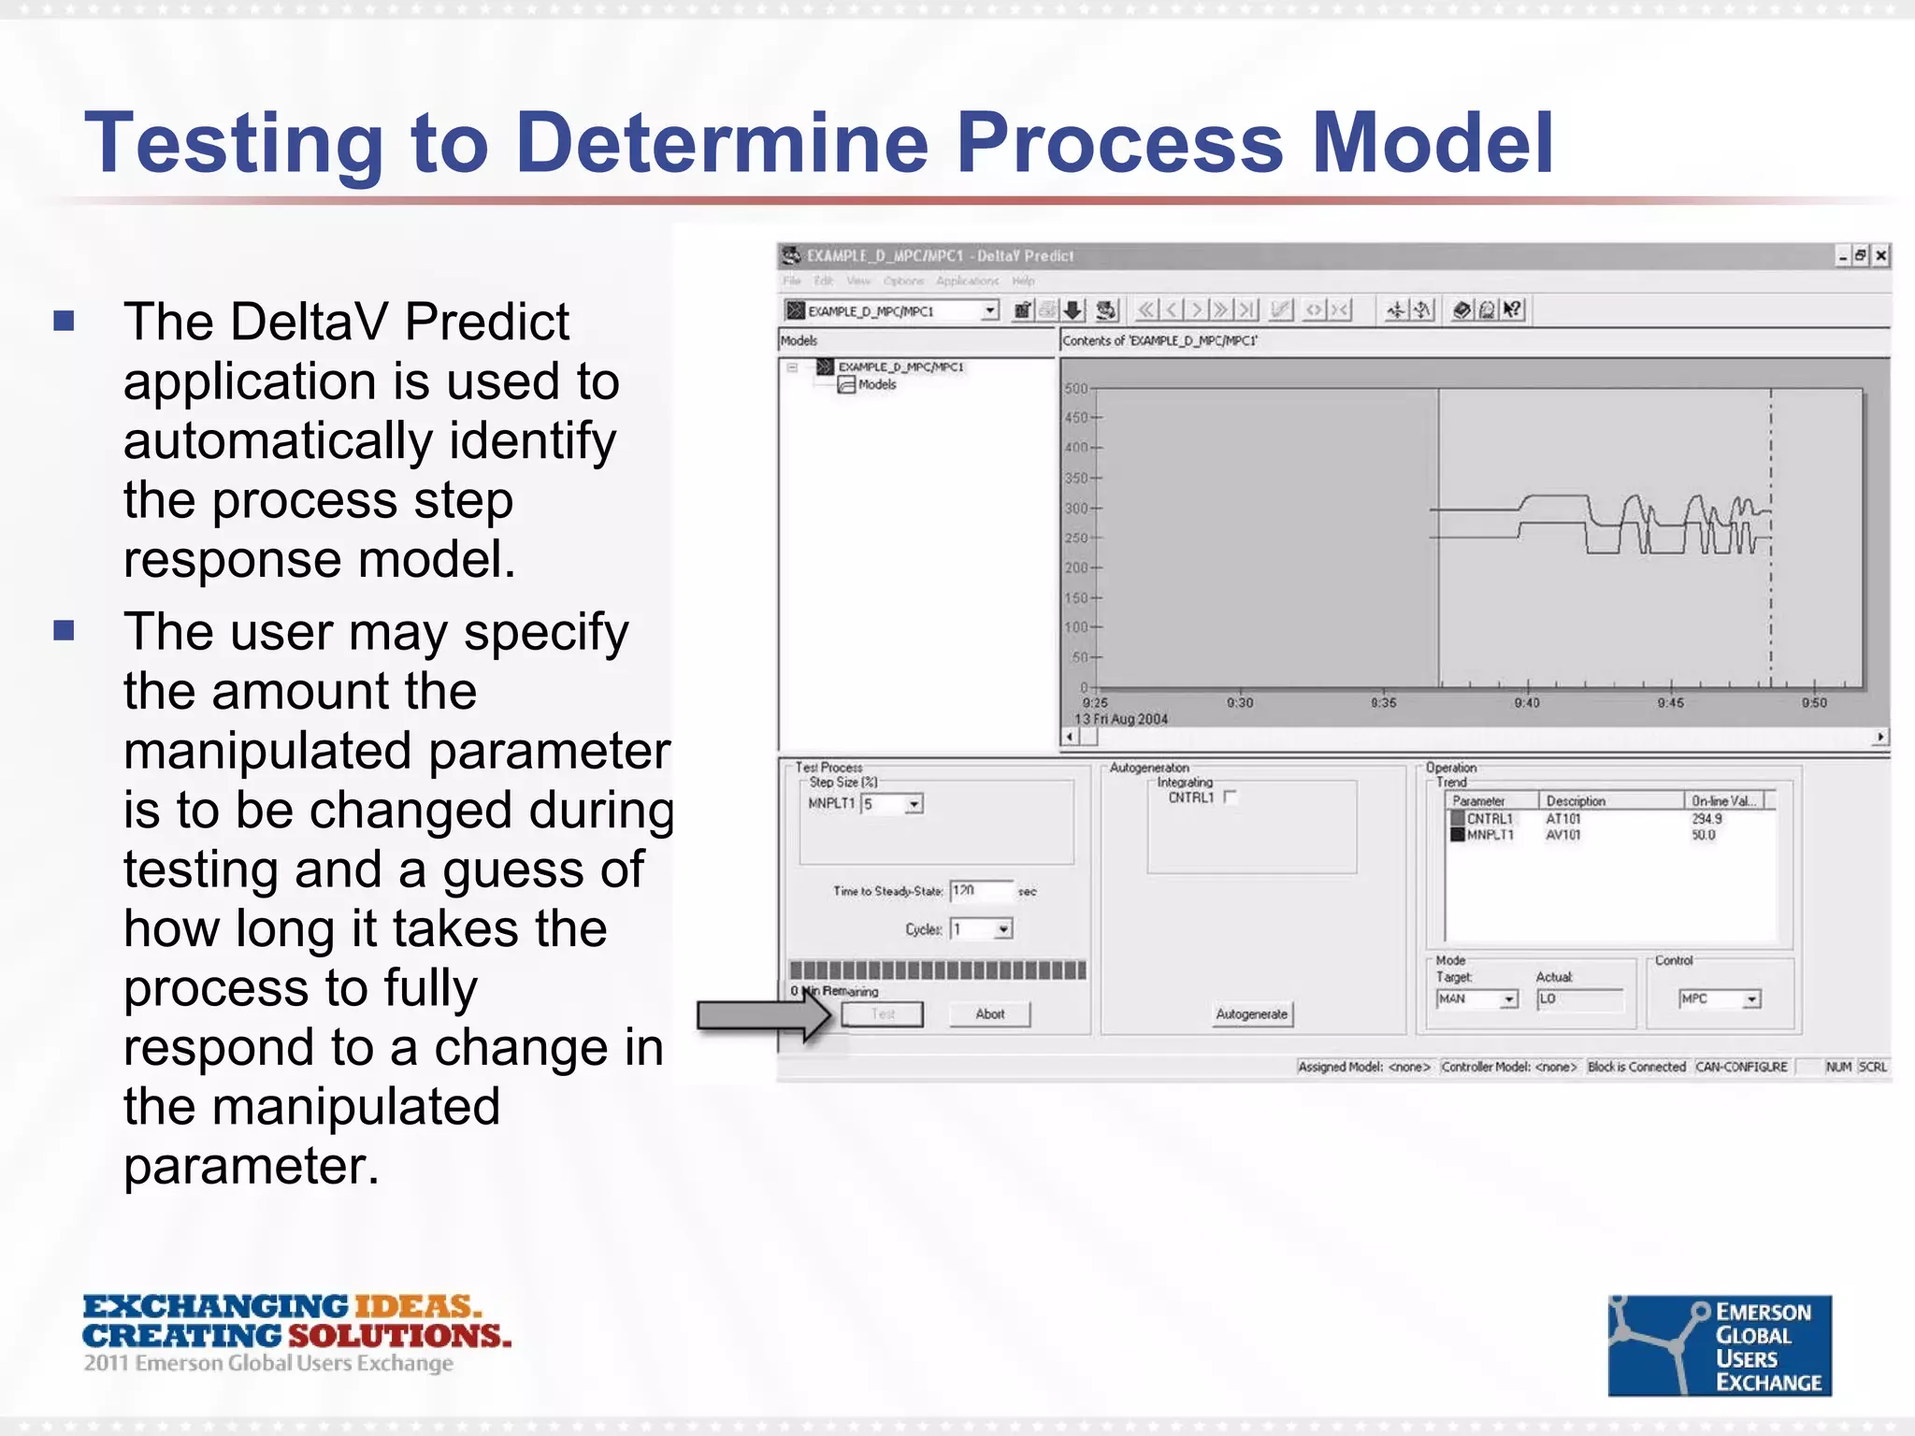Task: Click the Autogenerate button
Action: click(x=1251, y=1014)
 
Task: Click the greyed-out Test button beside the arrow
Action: click(x=882, y=1014)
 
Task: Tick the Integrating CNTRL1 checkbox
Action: click(x=1230, y=797)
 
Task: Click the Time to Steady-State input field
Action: click(x=980, y=891)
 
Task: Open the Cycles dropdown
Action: click(x=1003, y=929)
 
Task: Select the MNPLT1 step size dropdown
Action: click(x=914, y=804)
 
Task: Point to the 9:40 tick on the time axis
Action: click(x=1527, y=702)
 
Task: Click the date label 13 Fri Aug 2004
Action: click(x=1121, y=719)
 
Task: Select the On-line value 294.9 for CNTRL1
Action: click(x=1706, y=819)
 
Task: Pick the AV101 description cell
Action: click(x=1562, y=835)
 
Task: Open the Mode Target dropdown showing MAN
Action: click(x=1508, y=999)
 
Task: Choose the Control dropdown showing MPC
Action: click(x=1751, y=999)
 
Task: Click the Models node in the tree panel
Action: click(x=876, y=384)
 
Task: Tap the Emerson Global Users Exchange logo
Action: click(x=1719, y=1345)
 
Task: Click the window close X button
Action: click(x=1880, y=255)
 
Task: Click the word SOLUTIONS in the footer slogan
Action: click(x=399, y=1336)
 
